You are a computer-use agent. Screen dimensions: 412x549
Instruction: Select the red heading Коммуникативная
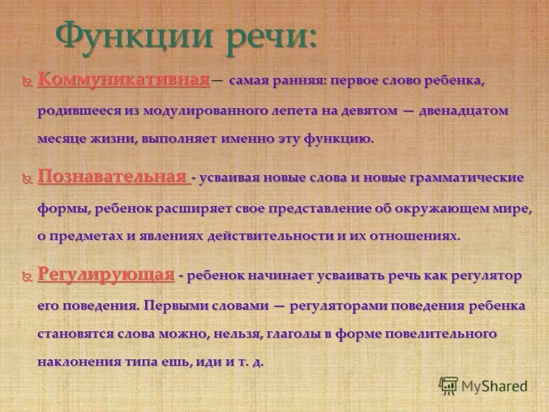[123, 80]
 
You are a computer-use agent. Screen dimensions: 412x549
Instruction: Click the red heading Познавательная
[113, 177]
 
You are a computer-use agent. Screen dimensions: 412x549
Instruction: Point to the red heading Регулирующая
[106, 275]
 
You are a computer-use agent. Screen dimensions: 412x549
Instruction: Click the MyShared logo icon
[449, 385]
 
